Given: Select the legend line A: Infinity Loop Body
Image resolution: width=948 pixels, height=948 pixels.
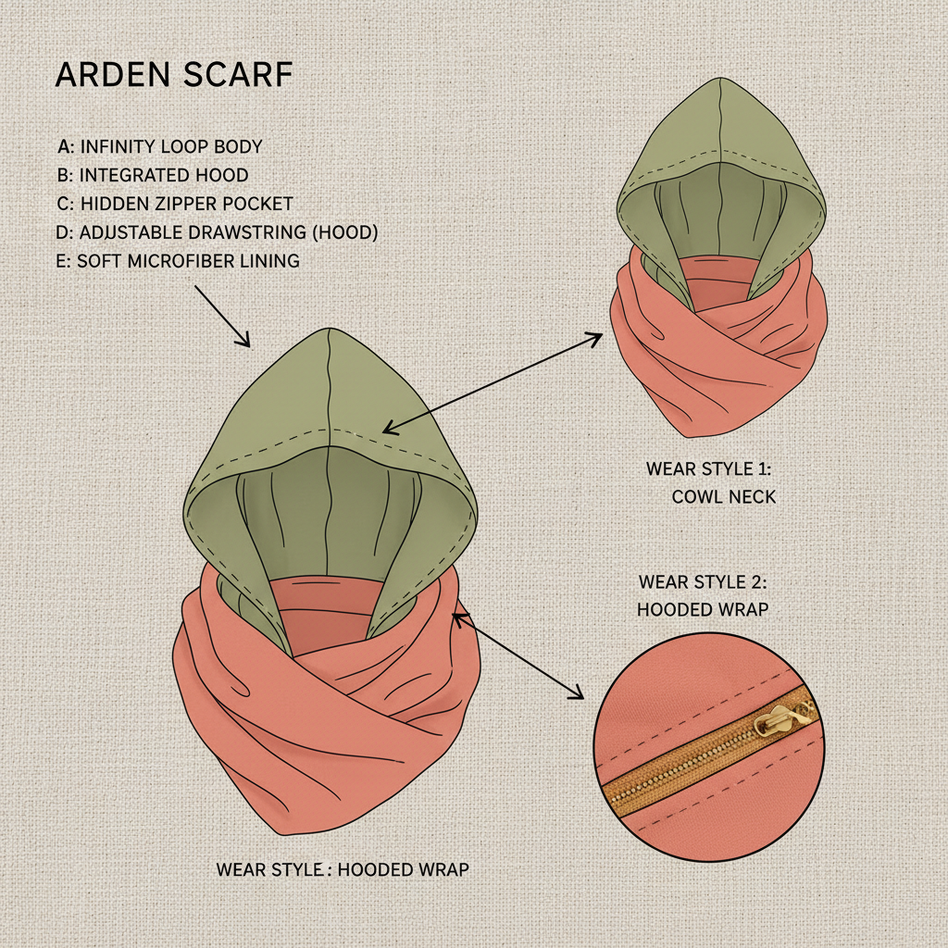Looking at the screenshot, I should coord(159,146).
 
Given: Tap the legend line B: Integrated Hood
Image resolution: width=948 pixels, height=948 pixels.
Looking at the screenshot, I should coord(153,175).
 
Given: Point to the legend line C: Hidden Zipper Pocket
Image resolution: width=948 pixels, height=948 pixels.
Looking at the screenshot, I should coord(175,204).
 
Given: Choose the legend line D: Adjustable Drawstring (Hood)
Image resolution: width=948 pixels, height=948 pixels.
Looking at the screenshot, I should coord(217,232).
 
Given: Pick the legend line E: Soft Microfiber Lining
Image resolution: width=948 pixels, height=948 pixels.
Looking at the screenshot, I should coord(178,261).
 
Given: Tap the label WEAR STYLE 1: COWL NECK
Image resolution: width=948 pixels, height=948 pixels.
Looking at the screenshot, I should coord(710,482).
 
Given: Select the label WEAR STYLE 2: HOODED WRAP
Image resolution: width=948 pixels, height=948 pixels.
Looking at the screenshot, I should coord(704,595).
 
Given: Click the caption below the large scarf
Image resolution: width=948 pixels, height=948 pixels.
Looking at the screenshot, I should coord(343,869).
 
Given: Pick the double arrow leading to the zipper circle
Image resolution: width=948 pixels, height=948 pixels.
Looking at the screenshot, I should coord(518,654).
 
